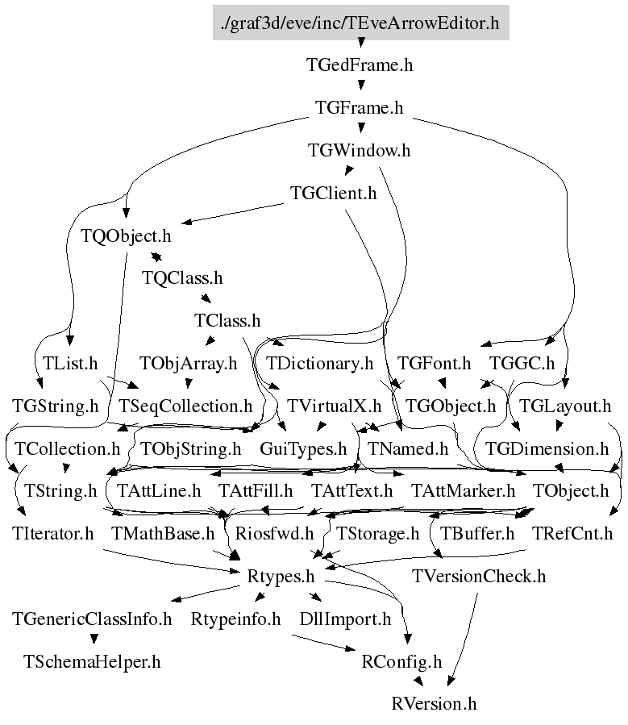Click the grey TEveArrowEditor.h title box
pos(361,23)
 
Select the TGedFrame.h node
pos(360,65)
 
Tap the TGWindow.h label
pos(359,150)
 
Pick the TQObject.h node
pos(126,235)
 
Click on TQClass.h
pos(182,278)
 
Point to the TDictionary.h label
pos(319,364)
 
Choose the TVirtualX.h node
pos(334,406)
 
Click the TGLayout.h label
pos(564,406)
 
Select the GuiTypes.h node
pos(303,449)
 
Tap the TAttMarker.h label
pos(463,491)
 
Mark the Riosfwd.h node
pos(274,534)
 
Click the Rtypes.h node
pos(281,577)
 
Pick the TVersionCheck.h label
pos(479,577)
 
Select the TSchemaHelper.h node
pos(92,661)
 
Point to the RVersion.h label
pos(434,704)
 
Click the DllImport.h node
pos(345,619)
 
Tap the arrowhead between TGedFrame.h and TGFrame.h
pos(361,85)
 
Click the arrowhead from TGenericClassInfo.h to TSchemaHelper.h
pos(94,639)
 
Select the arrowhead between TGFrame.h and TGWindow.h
pos(361,128)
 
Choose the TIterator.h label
pos(52,534)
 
